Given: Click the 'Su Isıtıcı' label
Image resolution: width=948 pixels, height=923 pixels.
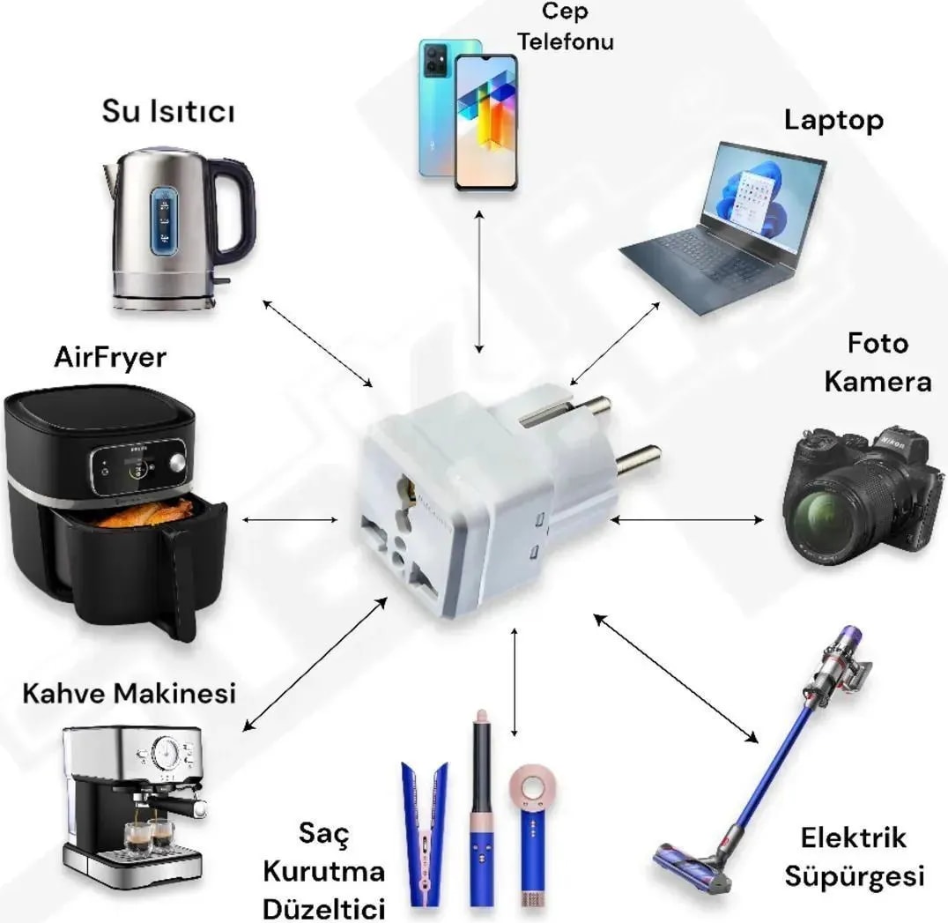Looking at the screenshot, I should click(x=168, y=113).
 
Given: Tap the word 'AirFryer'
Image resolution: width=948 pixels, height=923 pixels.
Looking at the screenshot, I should click(x=110, y=357).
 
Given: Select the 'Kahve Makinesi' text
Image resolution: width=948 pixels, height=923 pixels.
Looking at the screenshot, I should click(x=129, y=692).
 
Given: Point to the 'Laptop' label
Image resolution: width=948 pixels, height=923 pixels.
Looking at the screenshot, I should click(x=833, y=120).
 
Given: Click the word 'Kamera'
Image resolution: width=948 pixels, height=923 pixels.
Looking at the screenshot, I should click(x=878, y=382).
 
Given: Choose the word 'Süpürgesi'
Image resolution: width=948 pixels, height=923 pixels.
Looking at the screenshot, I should click(x=854, y=876).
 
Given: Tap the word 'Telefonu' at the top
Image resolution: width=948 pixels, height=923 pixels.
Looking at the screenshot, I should click(x=565, y=41).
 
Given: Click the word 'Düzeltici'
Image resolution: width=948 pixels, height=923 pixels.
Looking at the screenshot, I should click(x=325, y=906).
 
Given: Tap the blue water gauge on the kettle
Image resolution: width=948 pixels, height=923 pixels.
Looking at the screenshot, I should click(x=163, y=220).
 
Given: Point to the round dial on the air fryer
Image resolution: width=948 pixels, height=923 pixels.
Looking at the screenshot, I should click(x=178, y=463).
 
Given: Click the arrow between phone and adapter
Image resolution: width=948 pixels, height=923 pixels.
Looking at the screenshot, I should click(x=479, y=281).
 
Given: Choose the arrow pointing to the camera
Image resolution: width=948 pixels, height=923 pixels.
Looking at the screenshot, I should click(x=687, y=520).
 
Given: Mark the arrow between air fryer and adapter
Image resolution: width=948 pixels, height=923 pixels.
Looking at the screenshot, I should click(x=292, y=519).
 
